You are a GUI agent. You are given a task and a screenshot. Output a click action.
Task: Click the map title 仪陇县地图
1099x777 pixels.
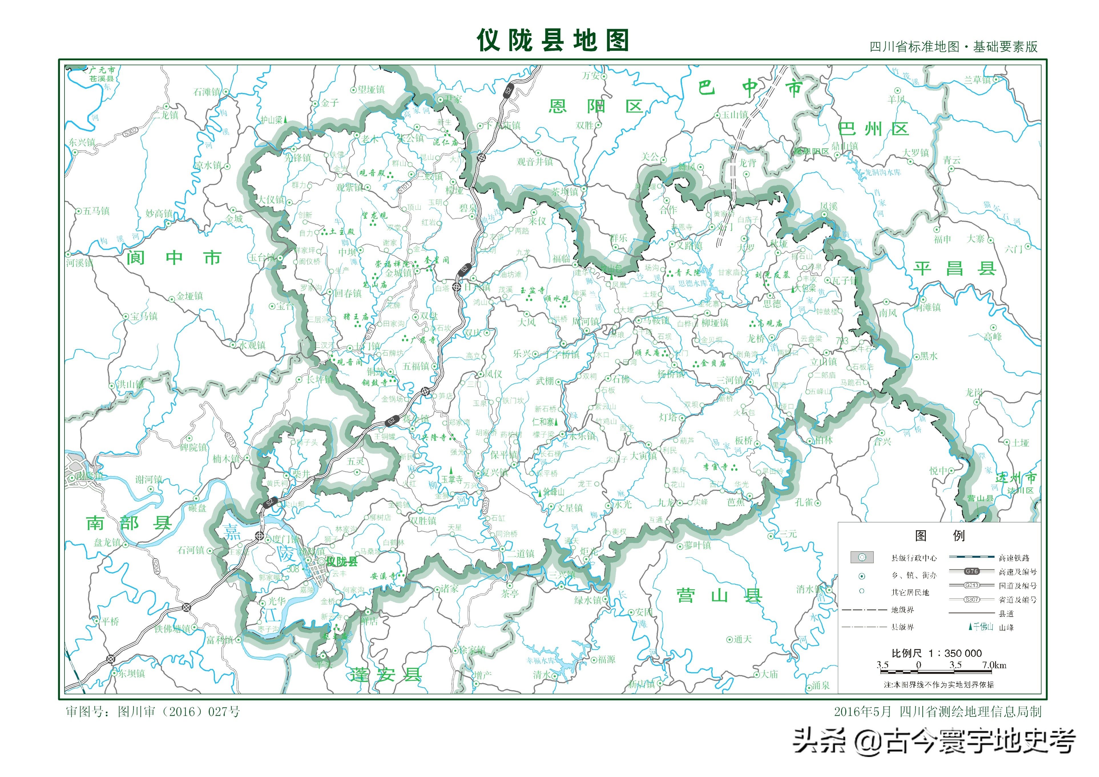coord(553,40)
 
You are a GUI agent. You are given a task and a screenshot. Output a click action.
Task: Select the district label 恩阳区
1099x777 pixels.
coord(596,106)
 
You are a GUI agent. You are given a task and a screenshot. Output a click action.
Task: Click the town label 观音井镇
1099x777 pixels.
coord(535,162)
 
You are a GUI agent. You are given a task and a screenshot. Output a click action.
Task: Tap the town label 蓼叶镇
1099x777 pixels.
coord(697,545)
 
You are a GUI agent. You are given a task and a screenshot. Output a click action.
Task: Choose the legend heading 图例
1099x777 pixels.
coord(939,536)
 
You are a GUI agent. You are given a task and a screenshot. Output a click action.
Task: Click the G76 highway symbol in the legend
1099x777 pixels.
coord(972,571)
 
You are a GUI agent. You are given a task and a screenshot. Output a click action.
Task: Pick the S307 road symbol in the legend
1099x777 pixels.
coord(972,599)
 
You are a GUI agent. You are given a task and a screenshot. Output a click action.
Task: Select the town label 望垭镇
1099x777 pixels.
coord(371,90)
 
